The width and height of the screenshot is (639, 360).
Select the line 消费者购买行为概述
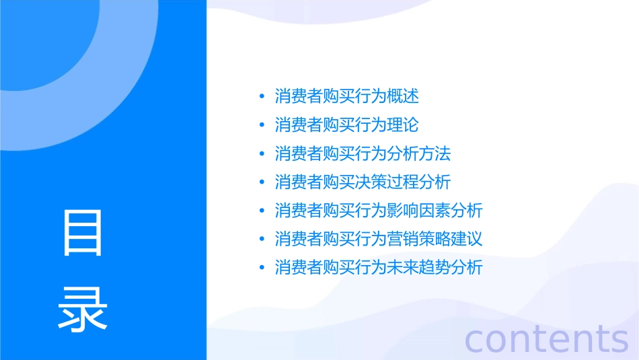[346, 96]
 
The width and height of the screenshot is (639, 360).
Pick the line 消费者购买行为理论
[346, 125]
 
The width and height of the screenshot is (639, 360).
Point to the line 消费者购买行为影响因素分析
[379, 211]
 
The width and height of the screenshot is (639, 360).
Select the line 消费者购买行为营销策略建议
[379, 239]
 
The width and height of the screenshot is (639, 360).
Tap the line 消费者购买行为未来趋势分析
[379, 267]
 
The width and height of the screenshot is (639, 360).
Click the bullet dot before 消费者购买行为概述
[262, 97]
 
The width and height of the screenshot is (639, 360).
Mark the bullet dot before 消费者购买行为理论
[262, 125]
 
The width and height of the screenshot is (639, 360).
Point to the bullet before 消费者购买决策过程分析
[262, 182]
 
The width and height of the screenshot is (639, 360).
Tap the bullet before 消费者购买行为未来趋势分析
[262, 268]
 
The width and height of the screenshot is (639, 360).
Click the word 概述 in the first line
[403, 96]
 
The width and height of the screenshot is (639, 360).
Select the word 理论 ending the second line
[403, 125]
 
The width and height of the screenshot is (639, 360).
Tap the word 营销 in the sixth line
[403, 239]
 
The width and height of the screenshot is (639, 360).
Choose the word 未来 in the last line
[403, 267]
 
